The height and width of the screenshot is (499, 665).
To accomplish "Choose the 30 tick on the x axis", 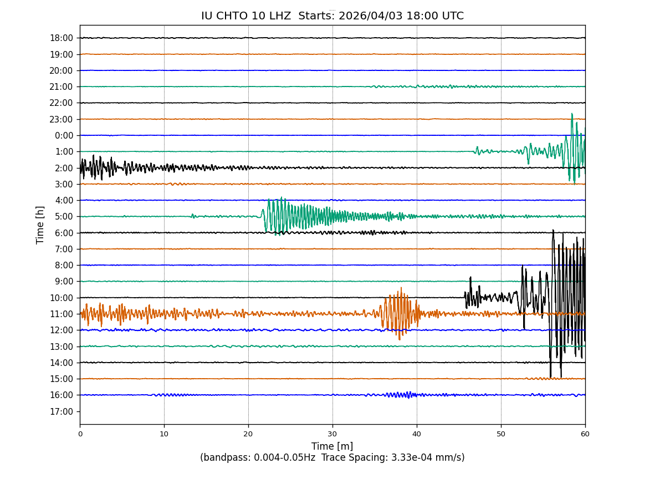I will (x=332, y=434).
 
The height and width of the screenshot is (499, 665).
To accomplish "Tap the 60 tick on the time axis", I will (x=585, y=434).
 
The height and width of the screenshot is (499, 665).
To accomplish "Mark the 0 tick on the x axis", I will (x=80, y=434).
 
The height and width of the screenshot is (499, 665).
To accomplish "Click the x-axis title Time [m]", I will (x=332, y=446).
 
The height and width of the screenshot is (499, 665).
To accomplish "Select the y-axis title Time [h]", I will (x=40, y=225).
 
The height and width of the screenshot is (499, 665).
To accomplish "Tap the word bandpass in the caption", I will (x=227, y=458).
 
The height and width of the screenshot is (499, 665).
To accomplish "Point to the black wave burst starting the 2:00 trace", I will (x=97, y=167).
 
